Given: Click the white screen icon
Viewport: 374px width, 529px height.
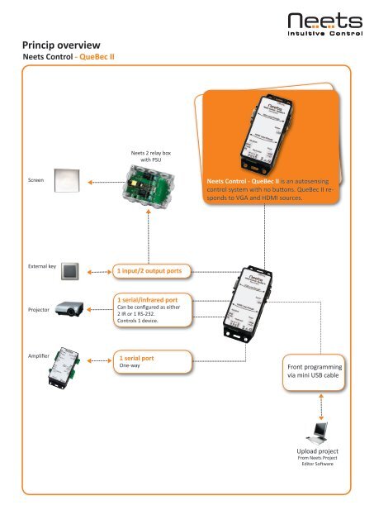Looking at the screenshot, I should (67, 179).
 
